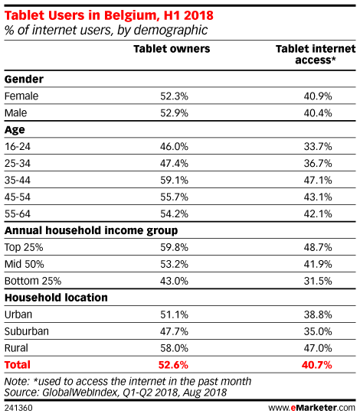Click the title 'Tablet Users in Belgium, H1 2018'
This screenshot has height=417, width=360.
pos(109,15)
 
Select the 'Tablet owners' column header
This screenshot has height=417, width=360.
pos(172,49)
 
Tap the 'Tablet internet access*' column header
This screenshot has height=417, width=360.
pos(316,54)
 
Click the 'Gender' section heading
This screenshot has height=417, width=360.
pos(24,80)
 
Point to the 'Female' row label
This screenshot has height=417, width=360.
pos(21,96)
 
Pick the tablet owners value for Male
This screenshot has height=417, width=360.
pos(174,113)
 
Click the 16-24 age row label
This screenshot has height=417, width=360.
pos(18,147)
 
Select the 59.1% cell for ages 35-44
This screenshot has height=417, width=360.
pos(174,181)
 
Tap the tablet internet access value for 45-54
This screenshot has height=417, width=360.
pos(318,197)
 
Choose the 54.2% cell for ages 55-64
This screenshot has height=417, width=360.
pos(174,213)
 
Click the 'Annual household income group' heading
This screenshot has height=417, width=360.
pos(91,230)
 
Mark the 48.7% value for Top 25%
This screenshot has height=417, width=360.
pos(318,247)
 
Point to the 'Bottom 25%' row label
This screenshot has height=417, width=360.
pos(33,281)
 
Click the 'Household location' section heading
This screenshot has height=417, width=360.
pos(56,298)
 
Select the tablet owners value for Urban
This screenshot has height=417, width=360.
pos(174,314)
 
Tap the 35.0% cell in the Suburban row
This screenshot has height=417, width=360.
pos(318,331)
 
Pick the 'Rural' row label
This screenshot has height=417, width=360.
pos(16,348)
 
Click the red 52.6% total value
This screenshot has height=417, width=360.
pos(173,365)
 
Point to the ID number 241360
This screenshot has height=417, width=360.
pos(18,408)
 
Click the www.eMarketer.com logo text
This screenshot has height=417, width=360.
pos(312,408)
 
